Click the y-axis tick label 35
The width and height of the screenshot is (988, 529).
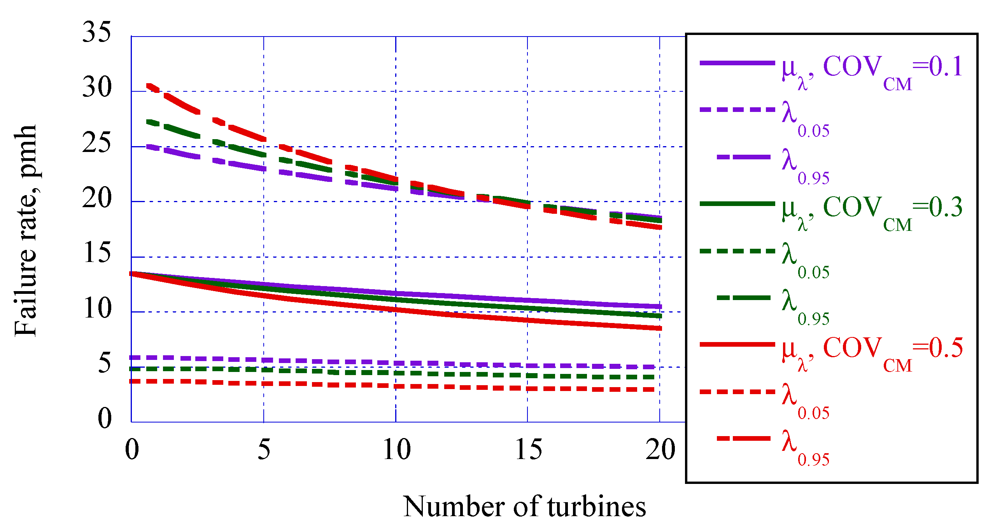pyautogui.click(x=96, y=32)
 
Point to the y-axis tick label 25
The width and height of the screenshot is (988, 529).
pyautogui.click(x=96, y=143)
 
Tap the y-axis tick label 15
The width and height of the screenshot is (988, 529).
pyautogui.click(x=97, y=253)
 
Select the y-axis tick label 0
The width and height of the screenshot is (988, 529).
pyautogui.click(x=104, y=419)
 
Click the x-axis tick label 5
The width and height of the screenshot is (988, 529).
pyautogui.click(x=264, y=450)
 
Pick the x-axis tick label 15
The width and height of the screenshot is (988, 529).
pyautogui.click(x=528, y=450)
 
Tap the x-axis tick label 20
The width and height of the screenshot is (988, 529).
pyautogui.click(x=660, y=450)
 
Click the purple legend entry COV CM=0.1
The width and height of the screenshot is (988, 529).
pyautogui.click(x=871, y=70)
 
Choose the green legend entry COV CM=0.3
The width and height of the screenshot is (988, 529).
pyautogui.click(x=871, y=211)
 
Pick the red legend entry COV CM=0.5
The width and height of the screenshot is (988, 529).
pyautogui.click(x=871, y=351)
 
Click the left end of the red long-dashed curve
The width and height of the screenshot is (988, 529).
pyautogui.click(x=148, y=85)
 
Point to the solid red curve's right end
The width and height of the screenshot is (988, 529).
pyautogui.click(x=660, y=328)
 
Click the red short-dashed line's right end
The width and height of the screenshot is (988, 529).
pyautogui.click(x=653, y=389)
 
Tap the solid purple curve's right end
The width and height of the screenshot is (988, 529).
pyautogui.click(x=660, y=307)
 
